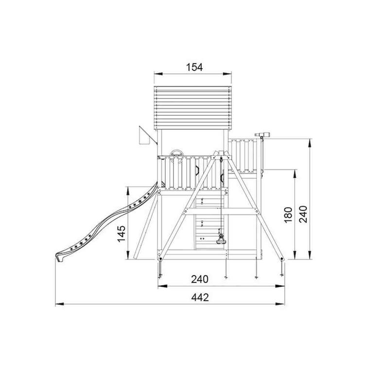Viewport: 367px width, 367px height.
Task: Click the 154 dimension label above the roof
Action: (194, 67)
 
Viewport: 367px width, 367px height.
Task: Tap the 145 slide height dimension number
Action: (121, 234)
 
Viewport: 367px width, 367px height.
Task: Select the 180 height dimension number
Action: (288, 215)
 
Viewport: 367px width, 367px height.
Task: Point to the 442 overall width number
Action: (200, 297)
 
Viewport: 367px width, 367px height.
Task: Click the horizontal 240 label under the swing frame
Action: (200, 279)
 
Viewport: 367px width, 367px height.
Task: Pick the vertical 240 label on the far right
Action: (303, 214)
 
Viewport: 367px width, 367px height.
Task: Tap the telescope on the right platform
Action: (262, 135)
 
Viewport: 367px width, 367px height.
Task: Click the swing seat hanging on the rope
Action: (220, 241)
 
